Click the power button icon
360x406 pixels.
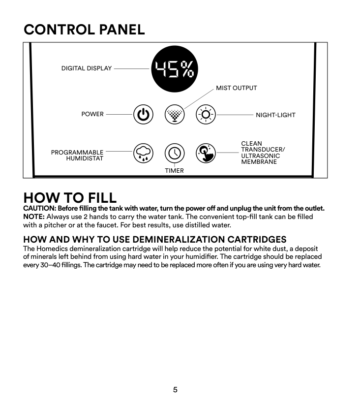(143, 115)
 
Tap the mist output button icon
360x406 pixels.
(174, 115)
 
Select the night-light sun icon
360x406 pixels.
(206, 115)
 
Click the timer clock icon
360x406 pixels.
(174, 154)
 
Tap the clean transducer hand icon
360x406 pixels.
(206, 154)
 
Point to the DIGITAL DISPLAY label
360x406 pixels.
(87, 68)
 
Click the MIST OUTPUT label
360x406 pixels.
(236, 88)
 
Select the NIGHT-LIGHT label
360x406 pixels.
(275, 115)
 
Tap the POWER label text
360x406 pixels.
(92, 114)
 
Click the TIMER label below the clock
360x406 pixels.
(174, 171)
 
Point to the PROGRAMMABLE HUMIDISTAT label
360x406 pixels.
(77, 156)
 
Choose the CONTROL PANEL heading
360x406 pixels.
(84, 30)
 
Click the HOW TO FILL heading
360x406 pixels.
(70, 197)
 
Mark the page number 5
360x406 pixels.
(175, 390)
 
